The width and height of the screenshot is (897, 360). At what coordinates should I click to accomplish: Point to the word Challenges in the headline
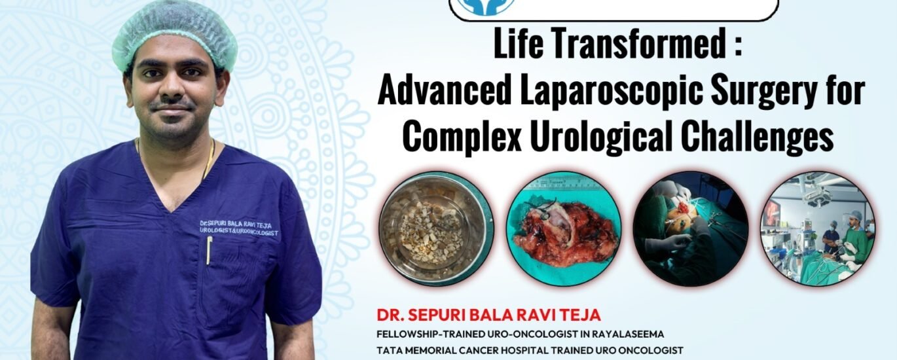point(758,137)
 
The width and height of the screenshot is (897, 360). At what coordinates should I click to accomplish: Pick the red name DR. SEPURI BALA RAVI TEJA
point(488,315)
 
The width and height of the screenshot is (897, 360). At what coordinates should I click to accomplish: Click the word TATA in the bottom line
point(389,350)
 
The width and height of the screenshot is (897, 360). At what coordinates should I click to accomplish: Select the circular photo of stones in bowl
point(435,228)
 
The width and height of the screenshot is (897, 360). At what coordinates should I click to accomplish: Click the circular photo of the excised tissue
point(564,228)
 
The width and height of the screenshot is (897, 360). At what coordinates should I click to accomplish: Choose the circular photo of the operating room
point(817,228)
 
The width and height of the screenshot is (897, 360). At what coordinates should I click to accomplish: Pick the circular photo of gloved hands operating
point(691,228)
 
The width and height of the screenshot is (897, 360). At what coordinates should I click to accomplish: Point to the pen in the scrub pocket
point(209,250)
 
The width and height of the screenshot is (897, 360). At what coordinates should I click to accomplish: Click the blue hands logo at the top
point(487,7)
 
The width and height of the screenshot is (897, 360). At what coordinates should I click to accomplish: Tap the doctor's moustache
point(173,105)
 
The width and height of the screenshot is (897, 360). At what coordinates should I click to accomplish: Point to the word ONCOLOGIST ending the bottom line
point(651,350)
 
